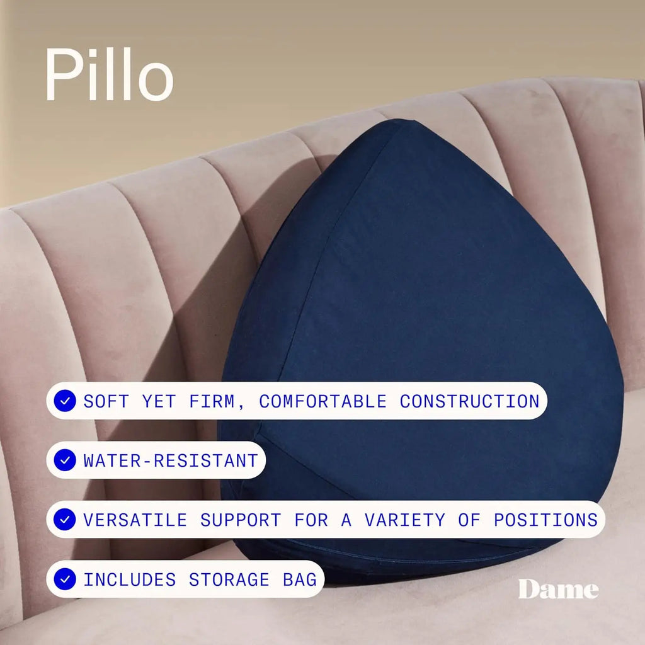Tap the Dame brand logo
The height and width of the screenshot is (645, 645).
point(558,590)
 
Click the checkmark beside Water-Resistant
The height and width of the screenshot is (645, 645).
point(64,460)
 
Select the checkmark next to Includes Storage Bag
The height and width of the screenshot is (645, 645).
point(64,579)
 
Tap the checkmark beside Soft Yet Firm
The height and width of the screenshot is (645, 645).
point(64,401)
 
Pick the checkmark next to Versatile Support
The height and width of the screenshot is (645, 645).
point(64,520)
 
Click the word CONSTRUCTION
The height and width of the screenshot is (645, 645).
point(470,401)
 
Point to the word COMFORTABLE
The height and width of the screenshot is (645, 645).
point(322,401)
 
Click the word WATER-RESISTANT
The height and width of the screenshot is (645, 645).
point(171,460)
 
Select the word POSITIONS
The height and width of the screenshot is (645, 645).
point(545,520)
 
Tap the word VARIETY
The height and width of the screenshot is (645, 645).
point(405,520)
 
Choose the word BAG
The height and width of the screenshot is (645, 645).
point(300,579)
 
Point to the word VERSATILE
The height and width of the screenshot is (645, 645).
point(135,520)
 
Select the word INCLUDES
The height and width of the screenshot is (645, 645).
point(129,579)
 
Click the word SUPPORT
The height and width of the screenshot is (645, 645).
point(241,520)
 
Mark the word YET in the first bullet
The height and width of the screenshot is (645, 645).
point(159,401)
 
